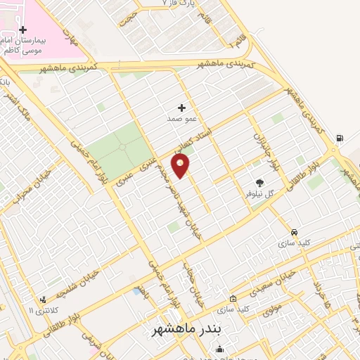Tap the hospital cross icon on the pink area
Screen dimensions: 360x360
pyautogui.click(x=23, y=30)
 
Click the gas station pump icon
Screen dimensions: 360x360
pyautogui.click(x=340, y=138)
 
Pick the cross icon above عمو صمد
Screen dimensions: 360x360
pyautogui.click(x=181, y=108)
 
